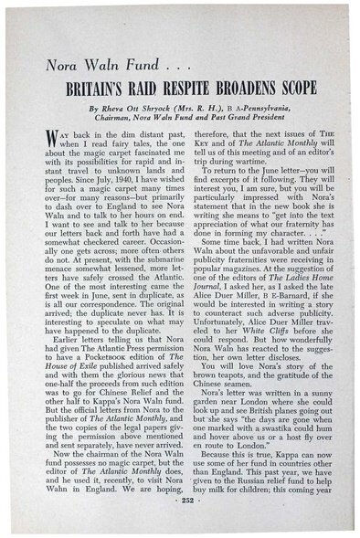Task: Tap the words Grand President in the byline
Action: point(265,118)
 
